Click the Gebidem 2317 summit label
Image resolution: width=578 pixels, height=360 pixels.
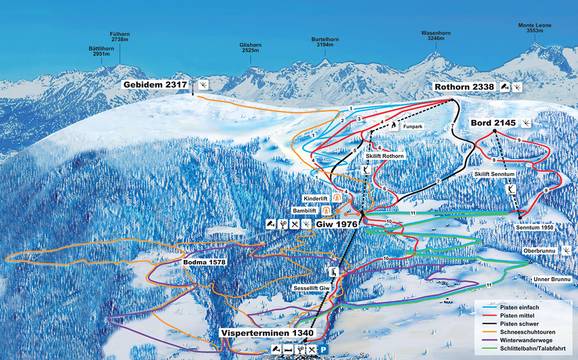coord(155,86)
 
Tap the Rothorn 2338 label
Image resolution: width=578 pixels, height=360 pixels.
coord(467,88)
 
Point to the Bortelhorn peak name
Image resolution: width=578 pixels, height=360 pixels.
coord(316,41)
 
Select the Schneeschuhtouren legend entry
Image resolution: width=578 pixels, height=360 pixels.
coord(519,326)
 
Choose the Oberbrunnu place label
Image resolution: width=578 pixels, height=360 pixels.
coord(538,250)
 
